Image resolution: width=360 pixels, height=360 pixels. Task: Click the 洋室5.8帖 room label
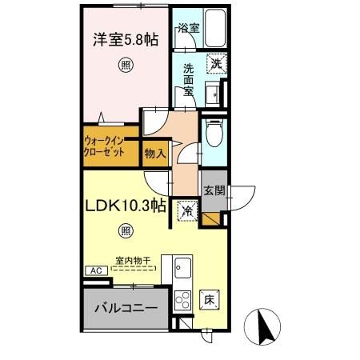125,38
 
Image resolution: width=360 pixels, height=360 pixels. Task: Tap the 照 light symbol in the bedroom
126,66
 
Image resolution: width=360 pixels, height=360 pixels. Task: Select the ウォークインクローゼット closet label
106,148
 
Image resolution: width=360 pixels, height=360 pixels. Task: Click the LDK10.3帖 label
126,206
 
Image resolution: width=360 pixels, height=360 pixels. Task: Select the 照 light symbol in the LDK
126,232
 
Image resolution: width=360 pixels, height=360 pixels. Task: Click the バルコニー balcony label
124,307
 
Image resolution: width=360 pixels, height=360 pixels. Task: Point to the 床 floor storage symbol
207,300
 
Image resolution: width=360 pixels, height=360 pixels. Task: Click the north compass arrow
267,325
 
